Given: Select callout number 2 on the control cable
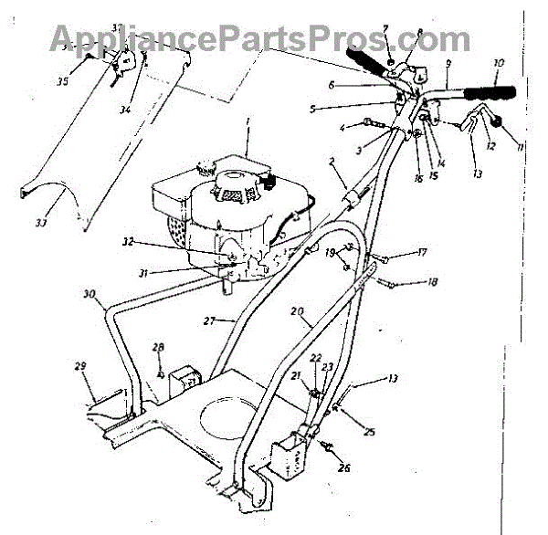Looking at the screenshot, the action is [x=332, y=161].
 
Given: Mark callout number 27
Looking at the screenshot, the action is [x=209, y=321].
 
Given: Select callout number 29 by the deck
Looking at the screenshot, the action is [x=80, y=366].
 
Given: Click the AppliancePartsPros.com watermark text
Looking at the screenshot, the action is [x=259, y=38].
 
